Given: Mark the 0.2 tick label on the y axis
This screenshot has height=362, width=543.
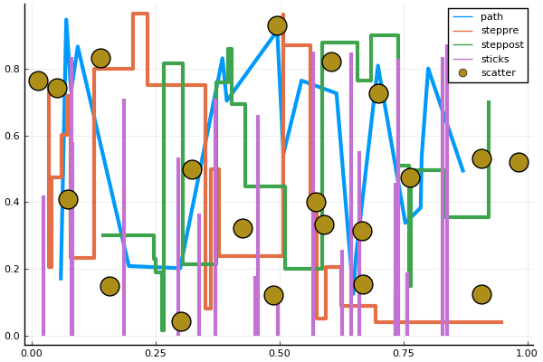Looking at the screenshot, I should tap(13, 269).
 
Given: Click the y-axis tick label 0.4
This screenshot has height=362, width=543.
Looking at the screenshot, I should tap(13, 202).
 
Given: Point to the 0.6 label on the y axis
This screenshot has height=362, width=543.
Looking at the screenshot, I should tap(13, 136).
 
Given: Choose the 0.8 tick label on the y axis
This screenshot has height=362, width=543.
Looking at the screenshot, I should tap(13, 69).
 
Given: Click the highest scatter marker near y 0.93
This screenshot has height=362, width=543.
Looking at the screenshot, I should tap(277, 25).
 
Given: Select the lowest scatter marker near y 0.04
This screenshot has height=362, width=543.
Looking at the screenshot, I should tap(181, 321).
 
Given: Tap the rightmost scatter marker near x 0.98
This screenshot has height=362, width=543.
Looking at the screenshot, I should tap(519, 162).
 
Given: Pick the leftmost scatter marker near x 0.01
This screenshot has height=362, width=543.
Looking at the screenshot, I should tap(38, 81).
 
